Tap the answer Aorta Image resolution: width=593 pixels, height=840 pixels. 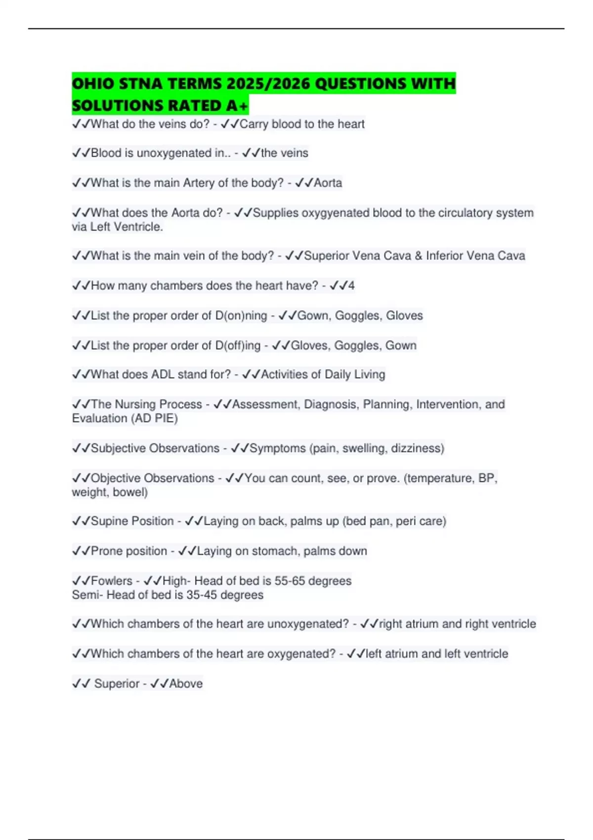point(328,183)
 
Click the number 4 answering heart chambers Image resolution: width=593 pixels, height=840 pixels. point(351,286)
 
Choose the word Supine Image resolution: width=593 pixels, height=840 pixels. point(110,521)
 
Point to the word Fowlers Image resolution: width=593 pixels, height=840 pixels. point(112,581)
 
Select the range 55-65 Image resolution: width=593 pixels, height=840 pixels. point(290,581)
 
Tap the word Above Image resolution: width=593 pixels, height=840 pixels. point(186,683)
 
